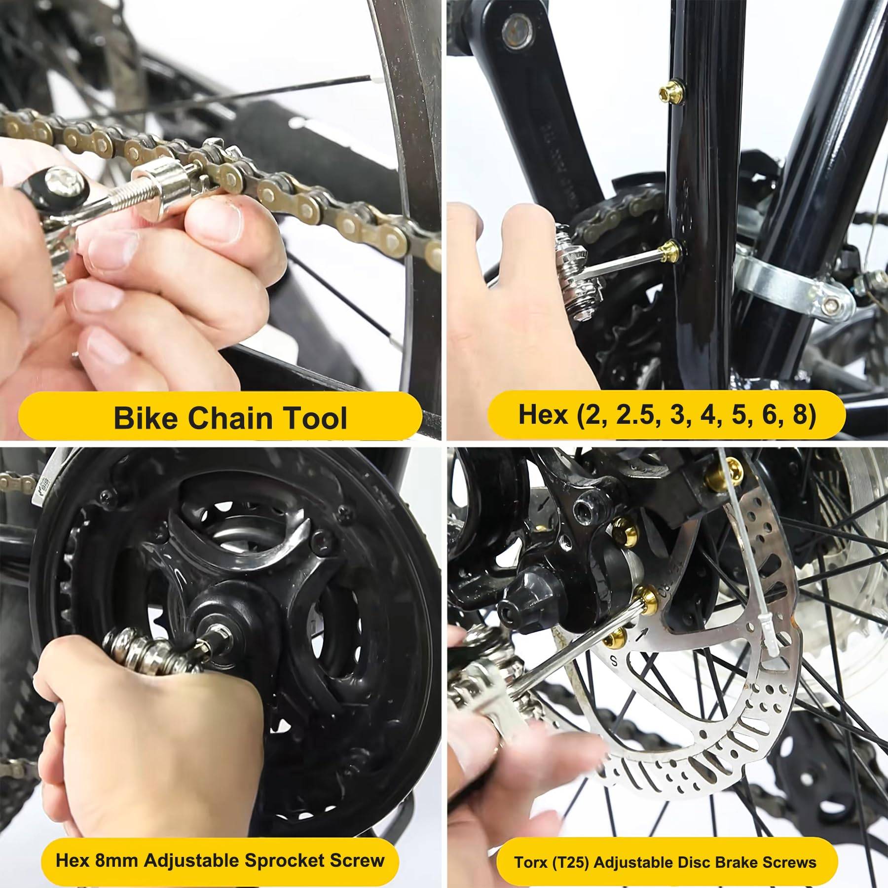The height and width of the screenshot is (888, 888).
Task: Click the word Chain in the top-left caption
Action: coord(230,417)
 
